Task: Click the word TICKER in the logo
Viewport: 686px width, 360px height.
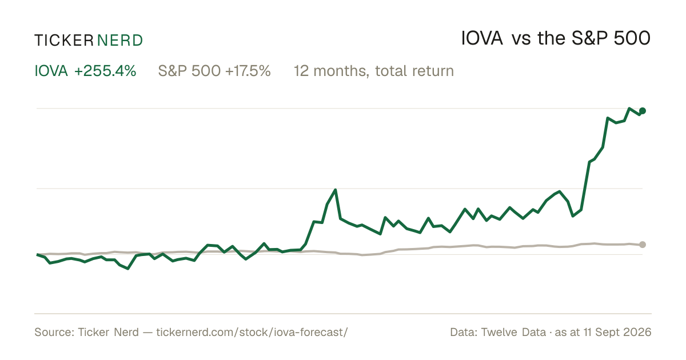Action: pyautogui.click(x=63, y=41)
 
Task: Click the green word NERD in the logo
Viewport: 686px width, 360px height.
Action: pyautogui.click(x=120, y=41)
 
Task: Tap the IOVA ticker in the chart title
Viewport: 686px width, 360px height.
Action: pyautogui.click(x=482, y=38)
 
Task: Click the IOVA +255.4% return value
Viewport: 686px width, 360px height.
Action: pyautogui.click(x=85, y=71)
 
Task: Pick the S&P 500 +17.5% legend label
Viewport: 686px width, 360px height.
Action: pyautogui.click(x=214, y=71)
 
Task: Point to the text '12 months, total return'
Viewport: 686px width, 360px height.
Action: pyautogui.click(x=374, y=71)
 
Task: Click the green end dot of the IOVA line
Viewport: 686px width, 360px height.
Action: pyautogui.click(x=643, y=111)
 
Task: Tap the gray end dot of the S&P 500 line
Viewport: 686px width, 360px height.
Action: pyautogui.click(x=643, y=245)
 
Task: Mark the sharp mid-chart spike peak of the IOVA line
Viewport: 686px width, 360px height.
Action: pyautogui.click(x=336, y=190)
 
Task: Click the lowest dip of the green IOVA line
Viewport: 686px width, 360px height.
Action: pyautogui.click(x=127, y=269)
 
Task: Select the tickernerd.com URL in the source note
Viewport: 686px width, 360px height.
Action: pyautogui.click(x=252, y=332)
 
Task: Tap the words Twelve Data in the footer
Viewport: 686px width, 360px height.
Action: pyautogui.click(x=513, y=332)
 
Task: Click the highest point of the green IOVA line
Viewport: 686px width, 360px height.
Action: pyautogui.click(x=629, y=109)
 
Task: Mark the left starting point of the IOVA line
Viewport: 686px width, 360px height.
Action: pyautogui.click(x=37, y=254)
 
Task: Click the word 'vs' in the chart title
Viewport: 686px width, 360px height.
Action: pyautogui.click(x=521, y=39)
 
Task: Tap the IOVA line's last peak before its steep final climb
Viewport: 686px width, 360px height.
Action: pyautogui.click(x=560, y=191)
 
